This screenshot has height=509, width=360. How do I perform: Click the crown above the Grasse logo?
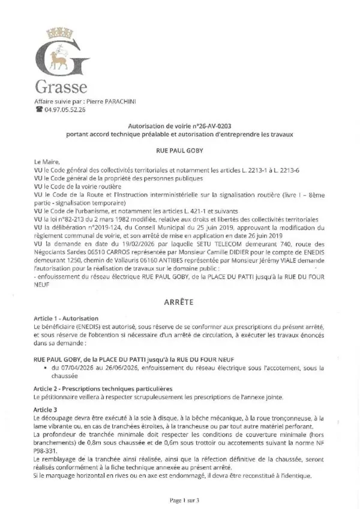pos(61,30)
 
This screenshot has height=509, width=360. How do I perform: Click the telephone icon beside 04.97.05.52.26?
pos(40,110)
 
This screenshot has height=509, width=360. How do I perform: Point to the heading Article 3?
pos(46,408)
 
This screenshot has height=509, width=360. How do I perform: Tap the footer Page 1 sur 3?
pos(181,499)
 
